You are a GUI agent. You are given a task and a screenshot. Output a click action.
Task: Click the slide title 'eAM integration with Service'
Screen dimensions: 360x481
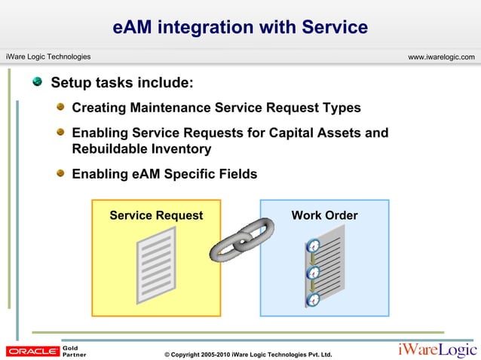pos(240,28)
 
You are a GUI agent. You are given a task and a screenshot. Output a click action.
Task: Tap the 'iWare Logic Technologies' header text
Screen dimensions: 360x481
pos(48,57)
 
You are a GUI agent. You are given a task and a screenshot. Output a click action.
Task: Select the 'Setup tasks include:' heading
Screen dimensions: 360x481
pos(121,82)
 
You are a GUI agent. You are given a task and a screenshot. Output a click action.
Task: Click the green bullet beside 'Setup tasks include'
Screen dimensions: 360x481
pos(37,81)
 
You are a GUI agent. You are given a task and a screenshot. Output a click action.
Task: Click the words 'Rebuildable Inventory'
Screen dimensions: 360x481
pos(141,149)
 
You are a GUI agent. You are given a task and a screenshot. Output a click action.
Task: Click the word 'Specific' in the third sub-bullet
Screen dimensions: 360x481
pos(202,174)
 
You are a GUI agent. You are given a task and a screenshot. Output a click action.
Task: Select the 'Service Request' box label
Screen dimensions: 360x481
pos(156,216)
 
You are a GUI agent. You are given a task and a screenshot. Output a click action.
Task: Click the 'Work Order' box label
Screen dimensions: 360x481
pos(324,216)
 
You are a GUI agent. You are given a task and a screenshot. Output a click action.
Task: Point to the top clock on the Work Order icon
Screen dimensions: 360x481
pos(313,246)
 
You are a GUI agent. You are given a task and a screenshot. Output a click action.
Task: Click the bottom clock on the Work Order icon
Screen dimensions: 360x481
pos(313,300)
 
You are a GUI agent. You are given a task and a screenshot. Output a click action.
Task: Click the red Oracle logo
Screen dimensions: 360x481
pos(32,351)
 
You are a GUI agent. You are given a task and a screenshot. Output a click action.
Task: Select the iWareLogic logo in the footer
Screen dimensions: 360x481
pos(437,349)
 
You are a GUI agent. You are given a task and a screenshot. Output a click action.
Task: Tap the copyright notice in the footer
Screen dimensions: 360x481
pos(242,354)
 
